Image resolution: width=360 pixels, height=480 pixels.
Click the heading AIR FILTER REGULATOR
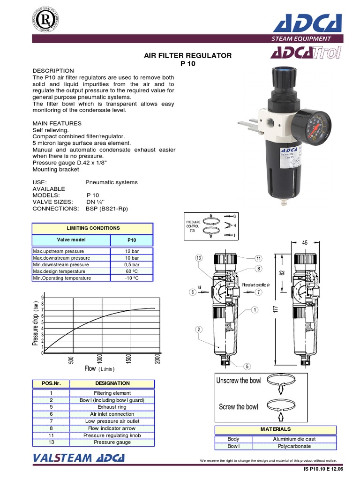click(187, 55)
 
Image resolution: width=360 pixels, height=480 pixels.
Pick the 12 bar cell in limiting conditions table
click(132, 251)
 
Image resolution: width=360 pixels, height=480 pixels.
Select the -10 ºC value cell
click(132, 278)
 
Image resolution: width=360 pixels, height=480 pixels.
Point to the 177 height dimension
click(277, 309)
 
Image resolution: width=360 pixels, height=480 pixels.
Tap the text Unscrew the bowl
click(239, 381)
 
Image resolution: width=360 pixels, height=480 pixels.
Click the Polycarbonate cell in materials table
click(294, 446)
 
